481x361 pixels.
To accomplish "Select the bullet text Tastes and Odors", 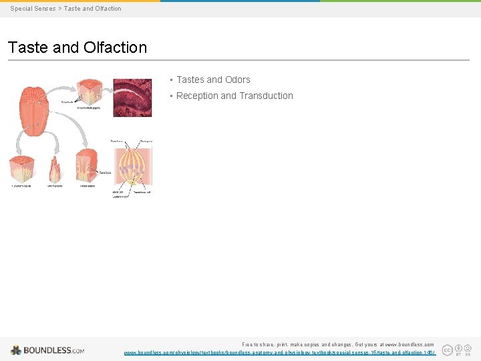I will (x=213, y=80).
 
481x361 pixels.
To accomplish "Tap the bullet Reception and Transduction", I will (x=234, y=96).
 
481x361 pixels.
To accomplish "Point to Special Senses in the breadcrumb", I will (x=33, y=9).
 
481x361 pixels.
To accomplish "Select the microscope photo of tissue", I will (x=132, y=97).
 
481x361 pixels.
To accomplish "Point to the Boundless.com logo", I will (x=47, y=350).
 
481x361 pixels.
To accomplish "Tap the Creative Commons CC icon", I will (x=447, y=349).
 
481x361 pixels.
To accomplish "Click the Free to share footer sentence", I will (x=337, y=344).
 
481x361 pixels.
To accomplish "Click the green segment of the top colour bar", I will (x=400, y=1).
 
